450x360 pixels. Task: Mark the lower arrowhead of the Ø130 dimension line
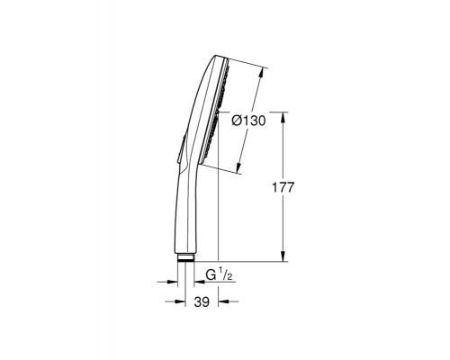pos(239,171)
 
